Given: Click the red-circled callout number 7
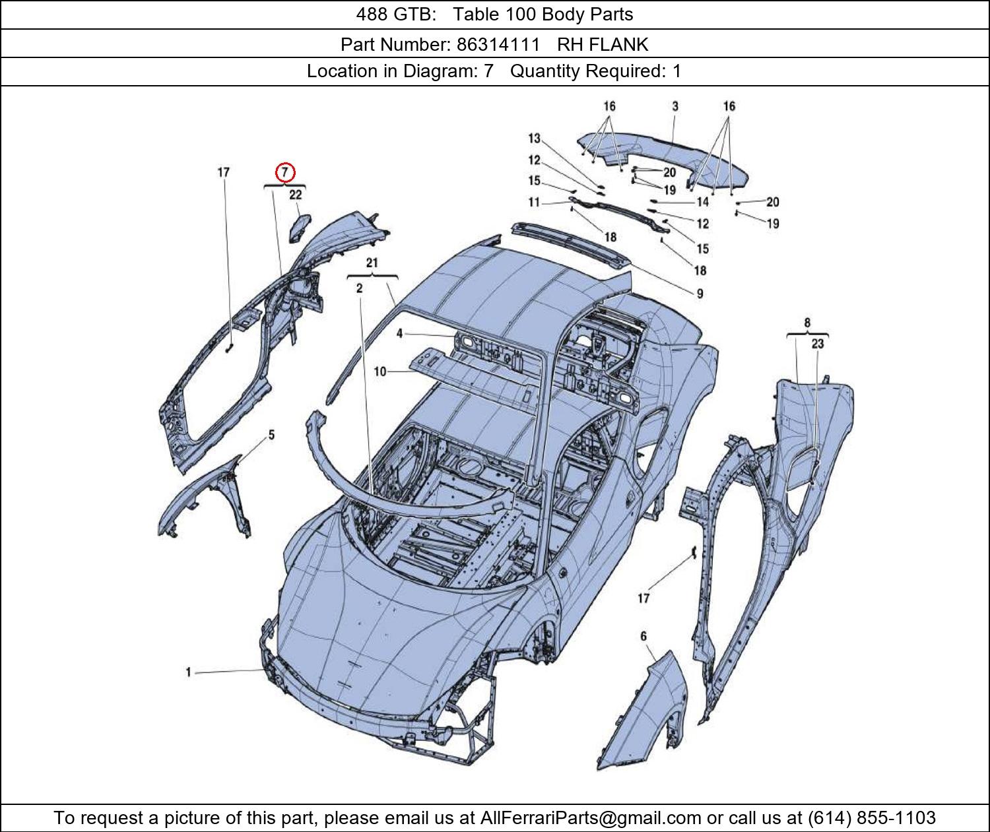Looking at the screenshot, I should click(284, 173).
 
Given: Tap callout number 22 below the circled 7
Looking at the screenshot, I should click(295, 195).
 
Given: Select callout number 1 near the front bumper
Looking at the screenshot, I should click(188, 672).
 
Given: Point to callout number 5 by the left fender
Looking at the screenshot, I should click(271, 435).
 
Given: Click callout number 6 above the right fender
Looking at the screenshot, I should click(643, 636).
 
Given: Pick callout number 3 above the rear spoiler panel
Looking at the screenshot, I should click(675, 106).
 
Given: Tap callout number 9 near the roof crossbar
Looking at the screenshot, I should click(700, 294).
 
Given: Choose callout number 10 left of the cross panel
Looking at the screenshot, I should click(380, 372).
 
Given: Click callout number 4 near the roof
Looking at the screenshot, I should click(399, 334).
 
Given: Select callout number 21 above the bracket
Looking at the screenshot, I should click(372, 263).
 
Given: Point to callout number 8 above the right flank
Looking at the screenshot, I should click(807, 323).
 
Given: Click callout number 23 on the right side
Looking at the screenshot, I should click(818, 344).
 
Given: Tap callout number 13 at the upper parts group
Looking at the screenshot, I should click(534, 139).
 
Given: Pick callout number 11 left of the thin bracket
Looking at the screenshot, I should click(534, 202).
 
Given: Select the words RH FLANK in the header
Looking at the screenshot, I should click(603, 44).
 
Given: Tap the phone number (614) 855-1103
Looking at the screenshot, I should click(871, 818).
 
